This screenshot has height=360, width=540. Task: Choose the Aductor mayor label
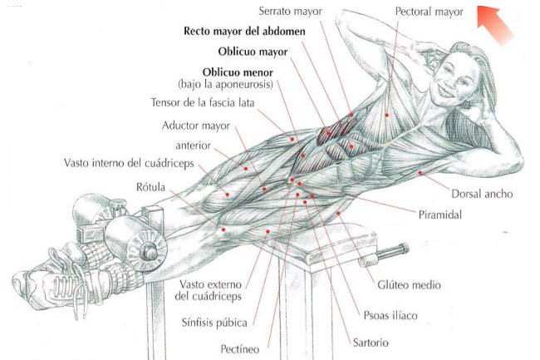(x=195, y=126)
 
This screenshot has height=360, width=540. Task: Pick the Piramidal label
(x=439, y=214)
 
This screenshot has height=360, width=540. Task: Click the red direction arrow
(x=497, y=22)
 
